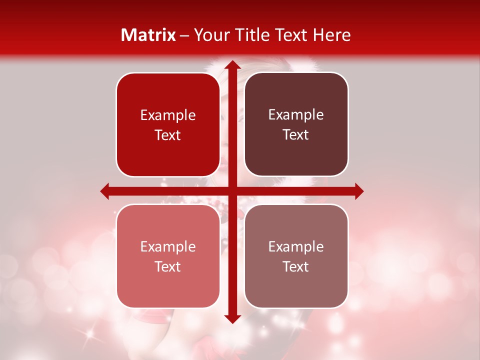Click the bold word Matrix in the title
(x=148, y=35)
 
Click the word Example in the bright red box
(x=168, y=115)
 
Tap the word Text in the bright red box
(x=168, y=135)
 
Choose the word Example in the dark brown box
(x=296, y=115)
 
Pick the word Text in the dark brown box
(x=296, y=135)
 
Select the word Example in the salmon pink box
(x=168, y=247)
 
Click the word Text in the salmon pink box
(x=168, y=267)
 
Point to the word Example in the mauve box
(x=296, y=247)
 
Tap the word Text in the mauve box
(x=296, y=267)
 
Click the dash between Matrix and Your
(x=184, y=35)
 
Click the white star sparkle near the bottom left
(x=91, y=334)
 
